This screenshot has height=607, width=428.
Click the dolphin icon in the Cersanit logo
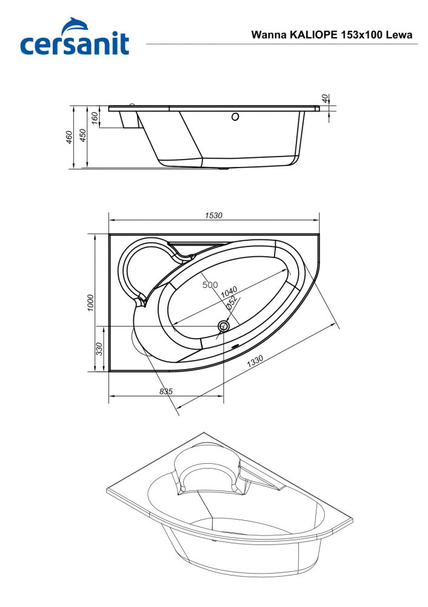[75, 26]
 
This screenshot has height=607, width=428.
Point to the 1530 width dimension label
[213, 215]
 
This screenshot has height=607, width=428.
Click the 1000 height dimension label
[90, 303]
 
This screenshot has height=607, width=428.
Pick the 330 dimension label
[99, 349]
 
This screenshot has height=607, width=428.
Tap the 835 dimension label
[166, 392]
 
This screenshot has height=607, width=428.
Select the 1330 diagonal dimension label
[255, 361]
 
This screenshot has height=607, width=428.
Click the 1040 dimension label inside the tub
[229, 293]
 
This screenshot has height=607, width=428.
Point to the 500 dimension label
[210, 285]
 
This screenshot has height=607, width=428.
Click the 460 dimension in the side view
[69, 137]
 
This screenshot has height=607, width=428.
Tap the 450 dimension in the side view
[82, 135]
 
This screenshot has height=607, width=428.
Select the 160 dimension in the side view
[95, 118]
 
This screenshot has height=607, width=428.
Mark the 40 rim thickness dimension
[325, 98]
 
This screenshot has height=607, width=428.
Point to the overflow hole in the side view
[235, 117]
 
